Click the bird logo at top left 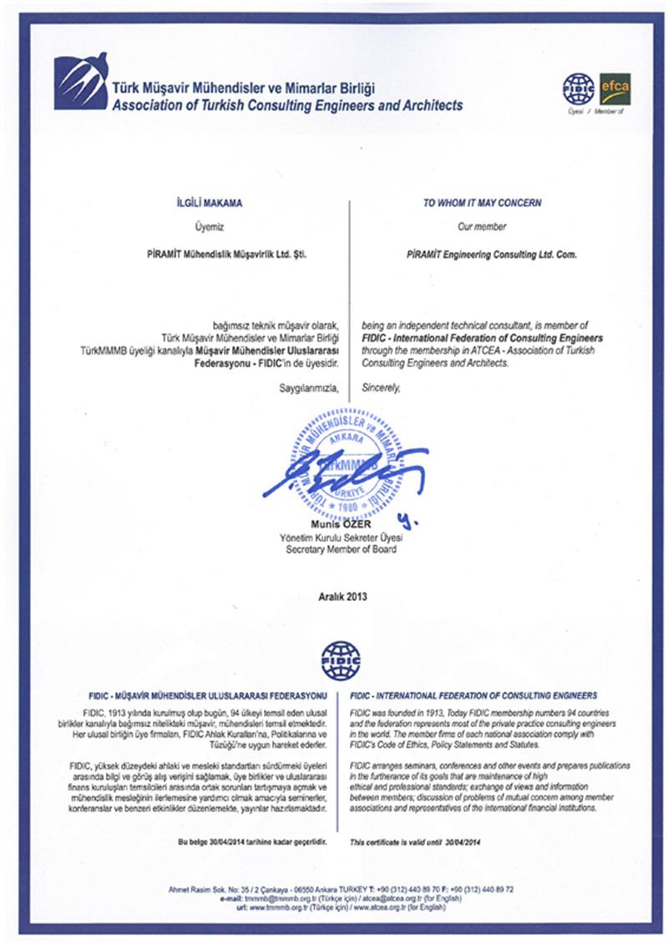[x=81, y=80]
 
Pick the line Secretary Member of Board [x=337, y=551]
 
